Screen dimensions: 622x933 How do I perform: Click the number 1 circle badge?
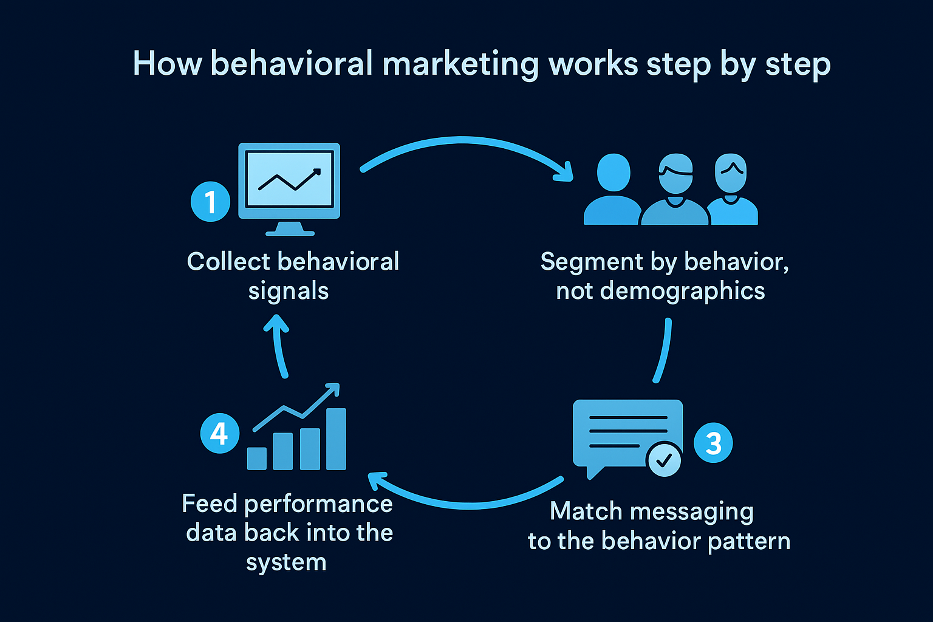(x=210, y=202)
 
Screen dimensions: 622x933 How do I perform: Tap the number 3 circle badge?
(x=713, y=443)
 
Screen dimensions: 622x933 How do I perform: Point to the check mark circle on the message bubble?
(x=665, y=459)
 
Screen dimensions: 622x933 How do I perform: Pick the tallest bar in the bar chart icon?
(x=336, y=439)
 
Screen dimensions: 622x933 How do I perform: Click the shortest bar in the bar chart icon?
(x=257, y=459)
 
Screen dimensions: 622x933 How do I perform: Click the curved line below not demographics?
(x=663, y=351)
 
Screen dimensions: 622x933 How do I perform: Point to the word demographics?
(x=682, y=291)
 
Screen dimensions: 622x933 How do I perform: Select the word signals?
(x=289, y=291)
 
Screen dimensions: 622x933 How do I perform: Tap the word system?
(x=286, y=562)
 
